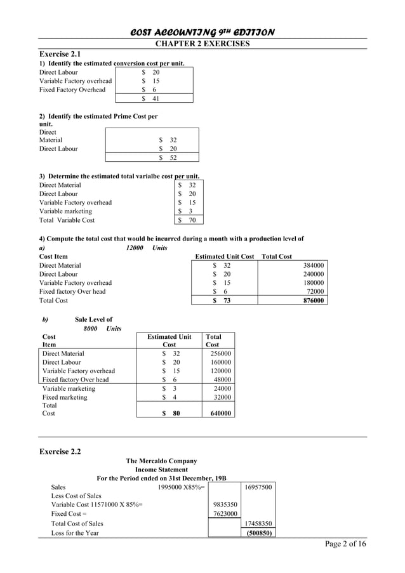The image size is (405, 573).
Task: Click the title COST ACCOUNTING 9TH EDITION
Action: [x=202, y=32]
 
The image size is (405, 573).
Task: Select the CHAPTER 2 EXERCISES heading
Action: [x=202, y=43]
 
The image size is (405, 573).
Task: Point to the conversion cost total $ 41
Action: [x=150, y=98]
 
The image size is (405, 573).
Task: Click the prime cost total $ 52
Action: [x=168, y=157]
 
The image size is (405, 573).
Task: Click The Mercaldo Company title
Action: [x=161, y=461]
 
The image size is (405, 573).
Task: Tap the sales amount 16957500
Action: [x=258, y=487]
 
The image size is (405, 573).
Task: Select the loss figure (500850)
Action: [x=259, y=533]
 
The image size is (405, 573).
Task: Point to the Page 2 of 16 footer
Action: [x=345, y=544]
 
